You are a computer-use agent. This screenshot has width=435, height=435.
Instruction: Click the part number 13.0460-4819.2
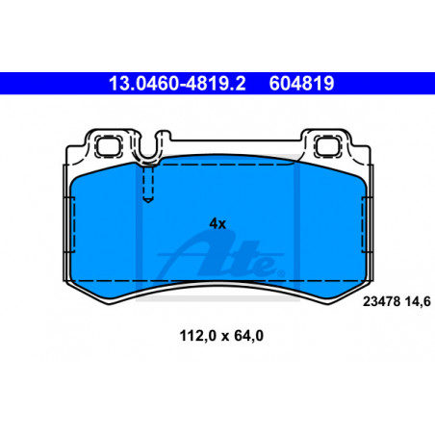point(177,84)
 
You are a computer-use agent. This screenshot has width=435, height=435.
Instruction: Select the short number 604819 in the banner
point(301,84)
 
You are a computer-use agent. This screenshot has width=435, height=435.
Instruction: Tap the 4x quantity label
point(217,223)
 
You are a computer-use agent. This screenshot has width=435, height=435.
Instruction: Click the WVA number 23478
point(381,301)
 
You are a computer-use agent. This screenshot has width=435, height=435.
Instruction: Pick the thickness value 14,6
point(418,302)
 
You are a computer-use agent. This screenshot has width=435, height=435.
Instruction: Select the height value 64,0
point(249,336)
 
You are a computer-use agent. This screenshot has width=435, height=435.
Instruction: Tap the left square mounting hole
point(109,146)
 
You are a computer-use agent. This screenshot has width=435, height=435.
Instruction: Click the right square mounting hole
point(327,146)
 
